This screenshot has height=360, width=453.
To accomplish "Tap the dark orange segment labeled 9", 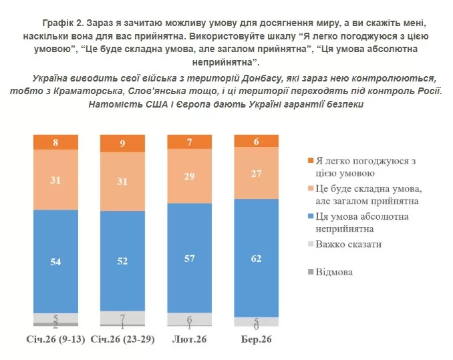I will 122,143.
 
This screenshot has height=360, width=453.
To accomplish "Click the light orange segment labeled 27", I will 255,174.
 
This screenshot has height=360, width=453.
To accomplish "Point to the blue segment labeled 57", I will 189,257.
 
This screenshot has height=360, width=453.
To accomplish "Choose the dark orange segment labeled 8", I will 56,142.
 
